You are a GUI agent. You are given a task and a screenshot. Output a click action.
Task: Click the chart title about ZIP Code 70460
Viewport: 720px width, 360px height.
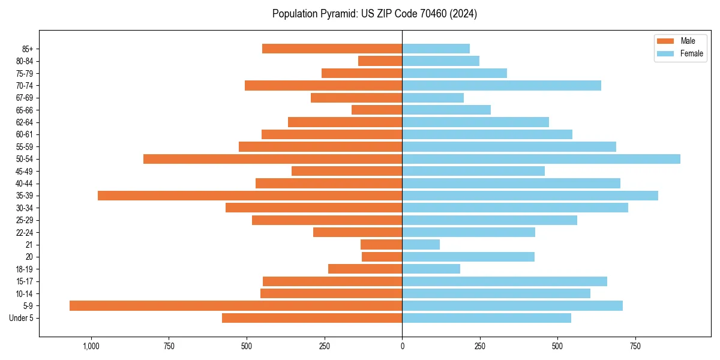tap(374, 14)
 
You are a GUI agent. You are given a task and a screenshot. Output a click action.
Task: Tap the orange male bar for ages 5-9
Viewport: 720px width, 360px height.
tap(236, 306)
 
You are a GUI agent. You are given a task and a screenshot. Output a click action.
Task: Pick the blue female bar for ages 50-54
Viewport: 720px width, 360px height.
tap(541, 159)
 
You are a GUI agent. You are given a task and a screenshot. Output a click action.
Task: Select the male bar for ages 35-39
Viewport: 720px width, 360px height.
tap(250, 196)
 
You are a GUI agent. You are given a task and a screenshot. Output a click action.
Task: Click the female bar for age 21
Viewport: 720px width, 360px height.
tap(421, 245)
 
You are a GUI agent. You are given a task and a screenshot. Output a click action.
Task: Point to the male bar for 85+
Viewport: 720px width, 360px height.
tap(332, 49)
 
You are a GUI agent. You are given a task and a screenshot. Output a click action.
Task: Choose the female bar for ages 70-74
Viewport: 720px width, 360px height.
tap(502, 86)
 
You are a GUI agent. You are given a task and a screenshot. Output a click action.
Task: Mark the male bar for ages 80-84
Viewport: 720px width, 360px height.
tap(380, 61)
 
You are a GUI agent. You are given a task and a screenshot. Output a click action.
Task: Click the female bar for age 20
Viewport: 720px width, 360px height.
tap(468, 257)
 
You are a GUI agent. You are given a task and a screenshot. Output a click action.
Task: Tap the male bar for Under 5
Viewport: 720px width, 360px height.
tap(312, 318)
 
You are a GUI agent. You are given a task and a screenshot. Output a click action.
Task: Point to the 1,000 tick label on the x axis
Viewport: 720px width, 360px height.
tap(91, 346)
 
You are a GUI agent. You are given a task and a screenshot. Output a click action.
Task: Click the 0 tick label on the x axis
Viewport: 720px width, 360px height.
tap(402, 346)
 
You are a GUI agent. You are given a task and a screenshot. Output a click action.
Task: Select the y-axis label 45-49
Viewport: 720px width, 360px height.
tap(25, 171)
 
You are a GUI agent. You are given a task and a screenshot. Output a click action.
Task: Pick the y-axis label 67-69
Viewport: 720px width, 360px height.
tap(25, 98)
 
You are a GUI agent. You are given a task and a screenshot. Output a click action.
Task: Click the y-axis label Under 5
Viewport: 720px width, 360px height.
tap(22, 318)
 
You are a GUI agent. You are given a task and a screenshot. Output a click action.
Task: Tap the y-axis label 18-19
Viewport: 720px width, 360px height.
tap(25, 269)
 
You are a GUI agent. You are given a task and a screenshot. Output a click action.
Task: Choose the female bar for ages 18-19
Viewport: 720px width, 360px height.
tap(431, 269)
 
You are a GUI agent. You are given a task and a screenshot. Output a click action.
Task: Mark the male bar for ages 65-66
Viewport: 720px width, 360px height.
tap(377, 110)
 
